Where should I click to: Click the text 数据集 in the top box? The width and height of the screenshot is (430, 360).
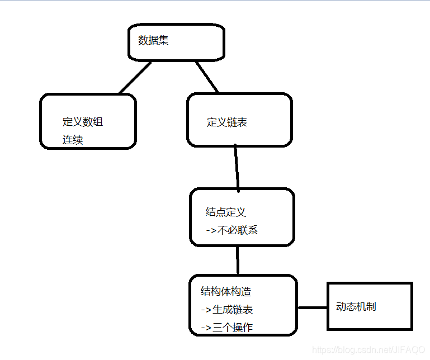pos(153,41)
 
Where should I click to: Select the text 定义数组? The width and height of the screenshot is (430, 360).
pos(83,122)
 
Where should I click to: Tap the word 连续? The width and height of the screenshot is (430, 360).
pos(73,140)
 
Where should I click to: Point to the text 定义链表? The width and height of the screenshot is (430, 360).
pos(227,122)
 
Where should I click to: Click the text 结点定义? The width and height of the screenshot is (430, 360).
pos(226,212)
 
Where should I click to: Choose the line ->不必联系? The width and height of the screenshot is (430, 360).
pos(231,230)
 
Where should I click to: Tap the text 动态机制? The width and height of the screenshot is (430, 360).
pos(356,306)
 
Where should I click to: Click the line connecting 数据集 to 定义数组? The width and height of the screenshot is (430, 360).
pos(135,77)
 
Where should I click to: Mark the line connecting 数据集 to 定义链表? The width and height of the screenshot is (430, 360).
pos(206,77)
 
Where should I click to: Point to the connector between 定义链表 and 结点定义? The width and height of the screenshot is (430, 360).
pos(237,167)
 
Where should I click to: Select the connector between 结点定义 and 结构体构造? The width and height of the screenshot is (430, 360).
pos(238,259)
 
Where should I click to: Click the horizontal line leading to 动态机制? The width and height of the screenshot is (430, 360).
pos(312,307)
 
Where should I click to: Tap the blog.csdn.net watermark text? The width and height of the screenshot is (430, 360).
pos(368,350)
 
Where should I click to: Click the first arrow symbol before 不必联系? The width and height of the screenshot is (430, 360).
pos(211,230)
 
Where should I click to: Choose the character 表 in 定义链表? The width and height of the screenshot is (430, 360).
pos(242,122)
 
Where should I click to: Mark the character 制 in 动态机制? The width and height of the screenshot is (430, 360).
pos(371,306)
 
